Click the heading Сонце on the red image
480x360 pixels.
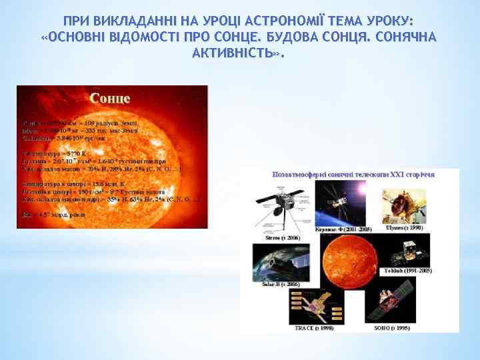(110, 99)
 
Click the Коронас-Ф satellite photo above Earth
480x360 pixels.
(339, 204)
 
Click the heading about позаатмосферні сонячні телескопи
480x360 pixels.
(354, 174)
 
